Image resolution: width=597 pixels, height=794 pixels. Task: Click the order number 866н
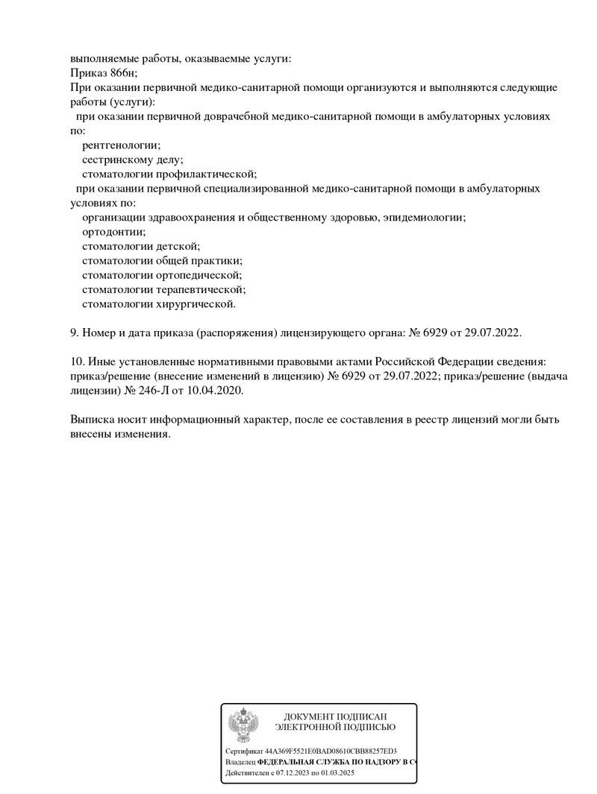122,73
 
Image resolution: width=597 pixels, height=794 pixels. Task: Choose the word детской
178,246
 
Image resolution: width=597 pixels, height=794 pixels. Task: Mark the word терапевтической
201,289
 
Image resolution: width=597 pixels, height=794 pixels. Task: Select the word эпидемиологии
425,218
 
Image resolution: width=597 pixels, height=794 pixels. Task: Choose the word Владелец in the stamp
240,763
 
